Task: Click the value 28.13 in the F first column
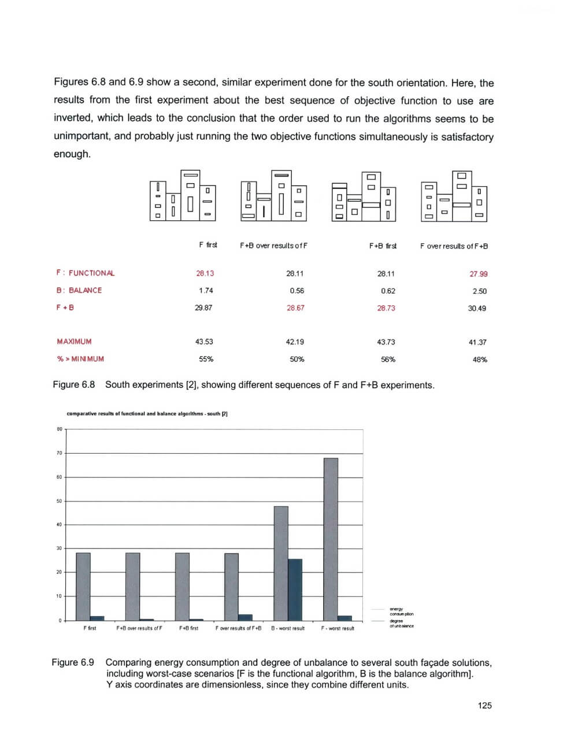coord(205,273)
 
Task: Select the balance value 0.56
coord(297,291)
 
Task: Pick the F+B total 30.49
coord(477,309)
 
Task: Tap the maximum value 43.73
coord(386,342)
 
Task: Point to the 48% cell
coord(480,359)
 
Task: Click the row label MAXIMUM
coord(74,342)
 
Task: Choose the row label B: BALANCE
coord(79,290)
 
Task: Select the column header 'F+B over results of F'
coord(273,246)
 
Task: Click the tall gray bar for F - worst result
coord(331,537)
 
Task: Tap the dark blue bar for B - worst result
coord(295,589)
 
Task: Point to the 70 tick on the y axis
coord(59,453)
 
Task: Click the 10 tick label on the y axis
coord(59,596)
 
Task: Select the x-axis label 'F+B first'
coord(188,628)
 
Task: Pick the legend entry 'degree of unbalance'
coord(401,624)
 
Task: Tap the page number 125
coord(484,705)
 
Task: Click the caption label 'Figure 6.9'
coord(73,662)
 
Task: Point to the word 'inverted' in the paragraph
coord(72,118)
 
